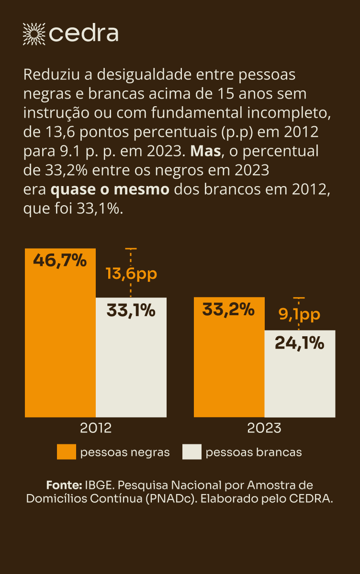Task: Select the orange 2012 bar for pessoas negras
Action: pos(60,344)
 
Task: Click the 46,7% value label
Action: pos(60,261)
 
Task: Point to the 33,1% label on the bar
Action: pos(131,310)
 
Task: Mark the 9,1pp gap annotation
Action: pos(300,315)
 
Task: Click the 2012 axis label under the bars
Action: pos(96,428)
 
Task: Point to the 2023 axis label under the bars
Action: pos(264,428)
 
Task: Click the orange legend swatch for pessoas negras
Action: pos(66,452)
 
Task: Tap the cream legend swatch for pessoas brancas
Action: pos(192,452)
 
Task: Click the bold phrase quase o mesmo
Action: pos(110,189)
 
